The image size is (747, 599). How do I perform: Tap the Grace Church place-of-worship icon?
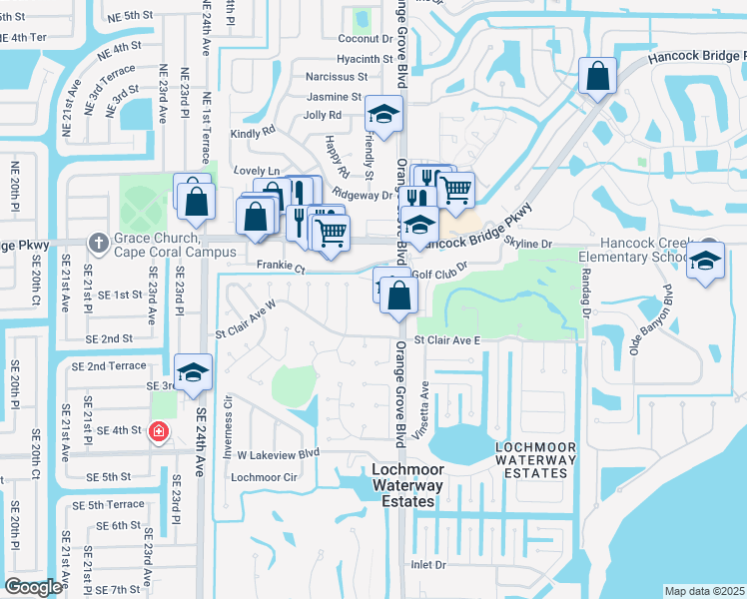98,243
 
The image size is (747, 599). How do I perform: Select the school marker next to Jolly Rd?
383,115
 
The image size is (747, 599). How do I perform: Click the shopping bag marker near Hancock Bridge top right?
597,76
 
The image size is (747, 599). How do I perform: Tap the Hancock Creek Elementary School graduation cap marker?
706,263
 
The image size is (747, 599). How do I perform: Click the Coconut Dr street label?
364,39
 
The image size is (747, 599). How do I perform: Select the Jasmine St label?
335,97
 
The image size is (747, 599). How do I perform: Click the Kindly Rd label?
252,132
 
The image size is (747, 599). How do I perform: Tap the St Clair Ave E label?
447,340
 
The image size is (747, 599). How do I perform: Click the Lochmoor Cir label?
265,477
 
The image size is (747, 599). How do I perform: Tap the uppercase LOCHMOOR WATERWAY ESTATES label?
536,459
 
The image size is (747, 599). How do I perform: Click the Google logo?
33,587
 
